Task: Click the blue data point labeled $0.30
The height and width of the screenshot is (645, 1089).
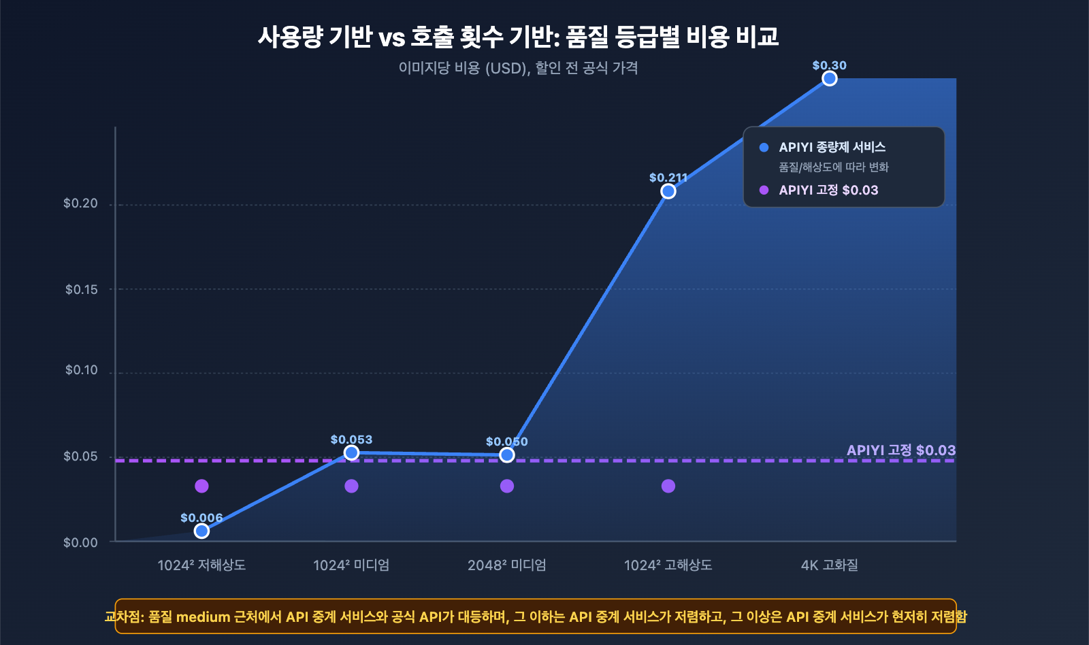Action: tap(829, 79)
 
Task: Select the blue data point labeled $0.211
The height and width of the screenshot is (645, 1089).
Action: tap(668, 192)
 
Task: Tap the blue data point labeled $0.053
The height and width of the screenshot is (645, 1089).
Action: tap(351, 453)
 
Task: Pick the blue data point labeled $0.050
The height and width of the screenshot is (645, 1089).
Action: tap(507, 455)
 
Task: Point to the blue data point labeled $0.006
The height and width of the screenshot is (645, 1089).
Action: tap(201, 531)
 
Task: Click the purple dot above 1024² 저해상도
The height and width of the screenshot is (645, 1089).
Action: tap(201, 486)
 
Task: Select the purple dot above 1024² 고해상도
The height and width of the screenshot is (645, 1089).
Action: tap(668, 486)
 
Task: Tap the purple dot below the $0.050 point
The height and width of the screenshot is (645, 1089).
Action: tap(507, 486)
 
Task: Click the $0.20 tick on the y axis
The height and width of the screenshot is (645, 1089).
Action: tap(80, 203)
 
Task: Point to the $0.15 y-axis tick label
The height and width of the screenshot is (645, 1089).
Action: tap(81, 289)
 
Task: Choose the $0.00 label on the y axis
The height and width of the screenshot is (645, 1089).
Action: tap(80, 542)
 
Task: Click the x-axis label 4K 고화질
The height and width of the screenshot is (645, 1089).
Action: tap(829, 565)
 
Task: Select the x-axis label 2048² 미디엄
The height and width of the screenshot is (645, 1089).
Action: tap(507, 565)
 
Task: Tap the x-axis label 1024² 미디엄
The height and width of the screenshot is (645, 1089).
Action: tap(351, 565)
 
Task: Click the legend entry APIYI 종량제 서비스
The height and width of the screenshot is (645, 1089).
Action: tap(832, 147)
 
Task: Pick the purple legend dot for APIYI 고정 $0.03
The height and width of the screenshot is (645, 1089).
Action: tap(764, 190)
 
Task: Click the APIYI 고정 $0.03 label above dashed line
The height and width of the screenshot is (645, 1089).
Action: tap(900, 450)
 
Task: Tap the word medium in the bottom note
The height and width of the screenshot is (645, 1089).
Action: tap(203, 617)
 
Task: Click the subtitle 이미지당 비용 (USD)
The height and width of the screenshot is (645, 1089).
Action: tap(463, 68)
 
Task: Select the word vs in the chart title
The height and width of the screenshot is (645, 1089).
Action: tap(391, 37)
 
